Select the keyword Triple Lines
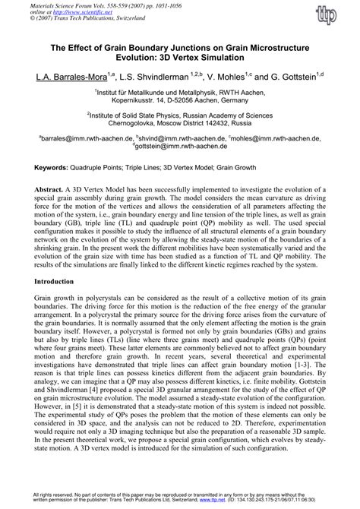pyautogui.click(x=163, y=165)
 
